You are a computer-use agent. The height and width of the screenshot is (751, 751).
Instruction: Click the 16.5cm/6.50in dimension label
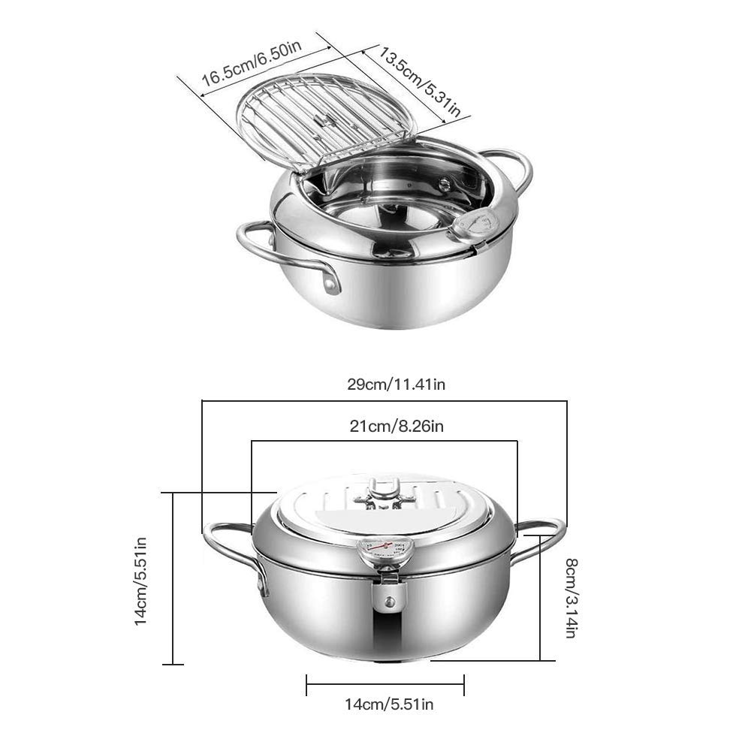[252, 64]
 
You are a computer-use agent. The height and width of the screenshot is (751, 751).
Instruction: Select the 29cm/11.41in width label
[396, 384]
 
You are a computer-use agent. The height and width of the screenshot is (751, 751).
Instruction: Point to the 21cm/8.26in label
[397, 426]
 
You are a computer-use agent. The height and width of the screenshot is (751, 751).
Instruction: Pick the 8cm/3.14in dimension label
[571, 598]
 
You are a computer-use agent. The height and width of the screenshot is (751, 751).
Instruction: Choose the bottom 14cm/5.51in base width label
[389, 704]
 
